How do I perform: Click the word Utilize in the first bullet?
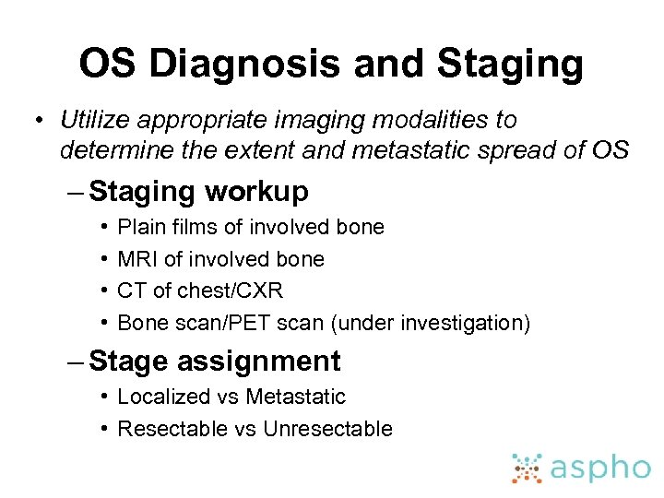coord(91,120)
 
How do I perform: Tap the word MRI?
coord(138,259)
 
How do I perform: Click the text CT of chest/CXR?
coord(200,290)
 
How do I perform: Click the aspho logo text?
coord(599,468)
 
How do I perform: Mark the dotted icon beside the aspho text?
coord(528,468)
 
